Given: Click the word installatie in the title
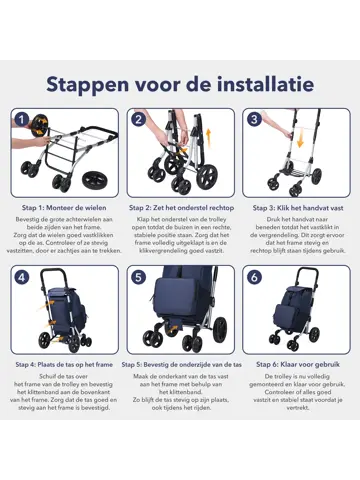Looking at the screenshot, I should click(x=262, y=82).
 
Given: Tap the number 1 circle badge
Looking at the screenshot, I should click(x=22, y=119).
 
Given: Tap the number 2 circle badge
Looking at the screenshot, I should click(x=139, y=119).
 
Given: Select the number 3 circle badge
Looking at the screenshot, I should click(x=255, y=119).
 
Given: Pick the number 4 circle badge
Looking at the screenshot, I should click(x=22, y=277).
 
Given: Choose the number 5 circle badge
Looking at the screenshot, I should click(x=139, y=277).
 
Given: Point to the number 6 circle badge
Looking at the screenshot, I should click(x=255, y=277).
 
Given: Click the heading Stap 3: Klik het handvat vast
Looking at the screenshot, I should click(x=297, y=207).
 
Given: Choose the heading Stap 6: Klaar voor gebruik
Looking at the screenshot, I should click(x=297, y=365).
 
